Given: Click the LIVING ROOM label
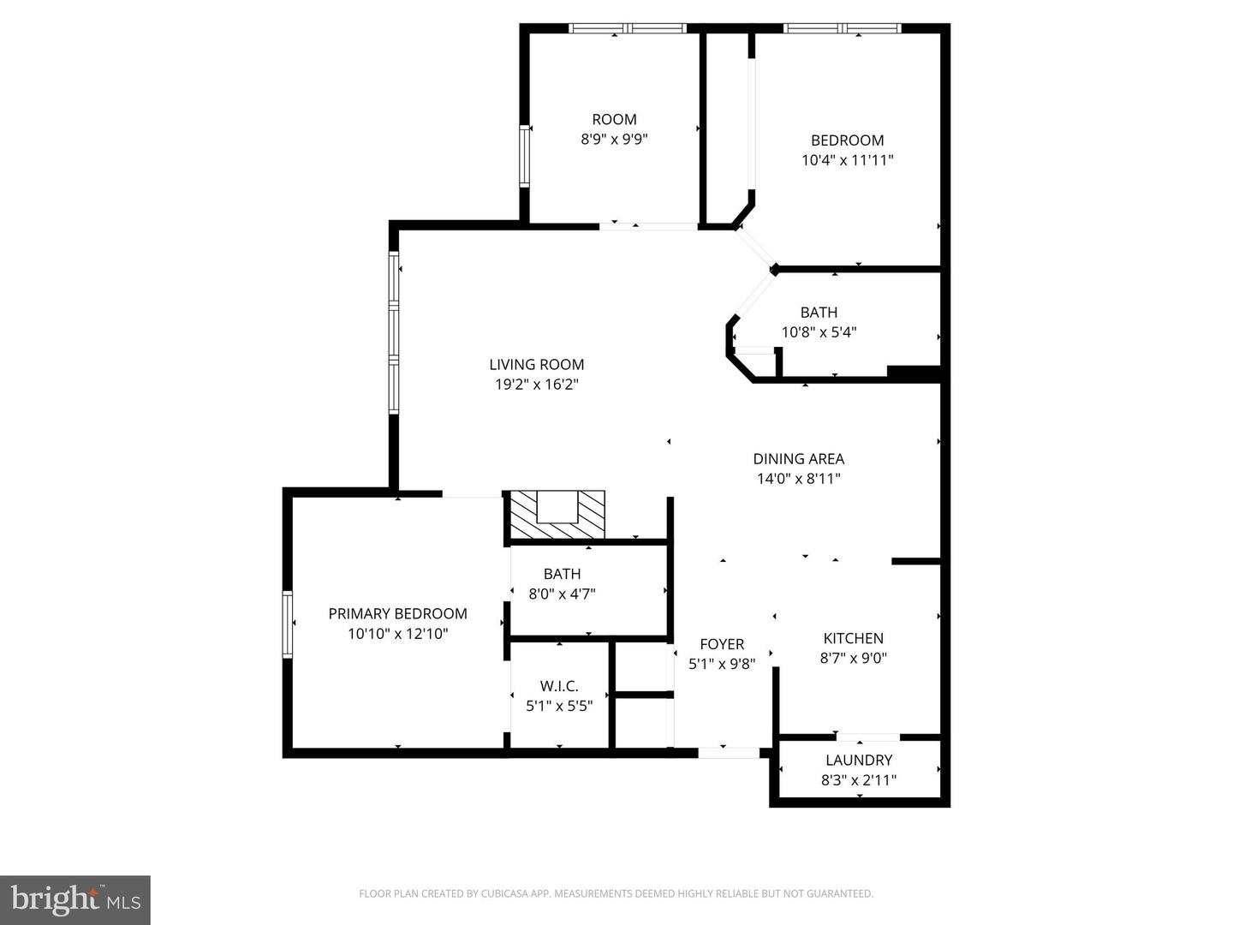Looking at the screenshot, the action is point(537,365).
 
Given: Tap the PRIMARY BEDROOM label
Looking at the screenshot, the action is point(397,614).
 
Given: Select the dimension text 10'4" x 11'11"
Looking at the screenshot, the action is point(847,161).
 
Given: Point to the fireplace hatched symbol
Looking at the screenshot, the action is point(554,515).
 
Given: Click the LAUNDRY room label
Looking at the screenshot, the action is point(859,761).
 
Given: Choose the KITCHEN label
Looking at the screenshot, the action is point(854,638).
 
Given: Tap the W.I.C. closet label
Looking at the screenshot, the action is point(559,686).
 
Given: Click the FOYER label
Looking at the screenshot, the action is point(722,644).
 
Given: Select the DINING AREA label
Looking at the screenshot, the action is point(799,459).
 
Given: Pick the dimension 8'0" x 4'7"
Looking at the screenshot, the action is point(563,594).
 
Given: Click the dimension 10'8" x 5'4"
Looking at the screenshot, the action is point(819,332).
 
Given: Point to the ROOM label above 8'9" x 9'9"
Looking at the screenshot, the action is point(615,119).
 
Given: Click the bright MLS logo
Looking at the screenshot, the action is point(75,900).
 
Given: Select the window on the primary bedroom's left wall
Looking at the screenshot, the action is point(288,624).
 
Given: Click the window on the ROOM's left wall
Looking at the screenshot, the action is point(525,156).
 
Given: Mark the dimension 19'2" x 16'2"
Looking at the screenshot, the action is point(537,385).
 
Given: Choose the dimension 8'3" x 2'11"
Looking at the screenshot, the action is point(859,780).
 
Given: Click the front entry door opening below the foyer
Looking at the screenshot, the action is point(729,753).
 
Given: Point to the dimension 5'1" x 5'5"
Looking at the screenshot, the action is point(559,706).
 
